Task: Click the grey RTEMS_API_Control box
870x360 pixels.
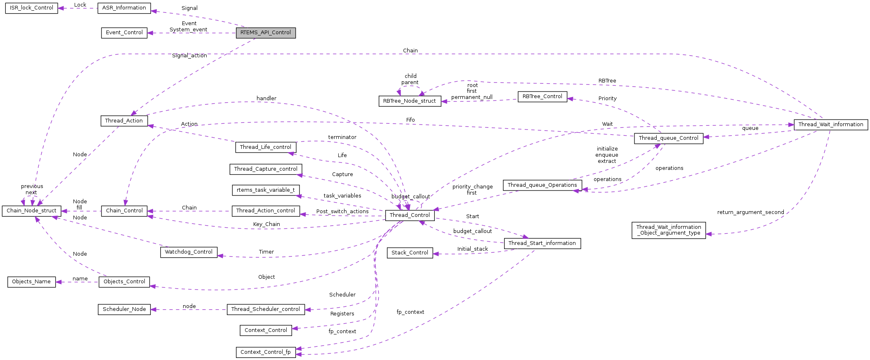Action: pos(266,33)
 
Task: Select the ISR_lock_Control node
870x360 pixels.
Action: pos(31,8)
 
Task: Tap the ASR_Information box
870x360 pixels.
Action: pos(124,8)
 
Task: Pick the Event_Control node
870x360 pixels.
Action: pos(124,33)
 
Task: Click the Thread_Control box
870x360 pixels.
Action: pos(410,215)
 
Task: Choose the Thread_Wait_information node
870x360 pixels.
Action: pos(830,125)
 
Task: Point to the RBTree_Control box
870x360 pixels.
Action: pos(542,96)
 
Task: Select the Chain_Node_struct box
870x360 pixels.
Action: pos(31,211)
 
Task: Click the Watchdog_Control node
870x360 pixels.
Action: pos(189,252)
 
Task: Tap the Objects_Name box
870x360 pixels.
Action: pos(31,282)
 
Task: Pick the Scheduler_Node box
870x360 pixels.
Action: pos(124,309)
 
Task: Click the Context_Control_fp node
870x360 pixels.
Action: pos(266,352)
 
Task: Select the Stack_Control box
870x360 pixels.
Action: pos(410,253)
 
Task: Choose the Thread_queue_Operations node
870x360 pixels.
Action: pos(542,185)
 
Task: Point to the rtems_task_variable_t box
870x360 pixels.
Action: pos(266,190)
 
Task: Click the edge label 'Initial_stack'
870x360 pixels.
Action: pos(472,249)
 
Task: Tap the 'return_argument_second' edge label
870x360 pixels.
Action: pos(750,212)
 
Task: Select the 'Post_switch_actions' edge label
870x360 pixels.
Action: pos(342,212)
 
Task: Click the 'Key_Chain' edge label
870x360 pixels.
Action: pos(266,224)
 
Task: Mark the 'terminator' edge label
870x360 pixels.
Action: pos(342,137)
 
